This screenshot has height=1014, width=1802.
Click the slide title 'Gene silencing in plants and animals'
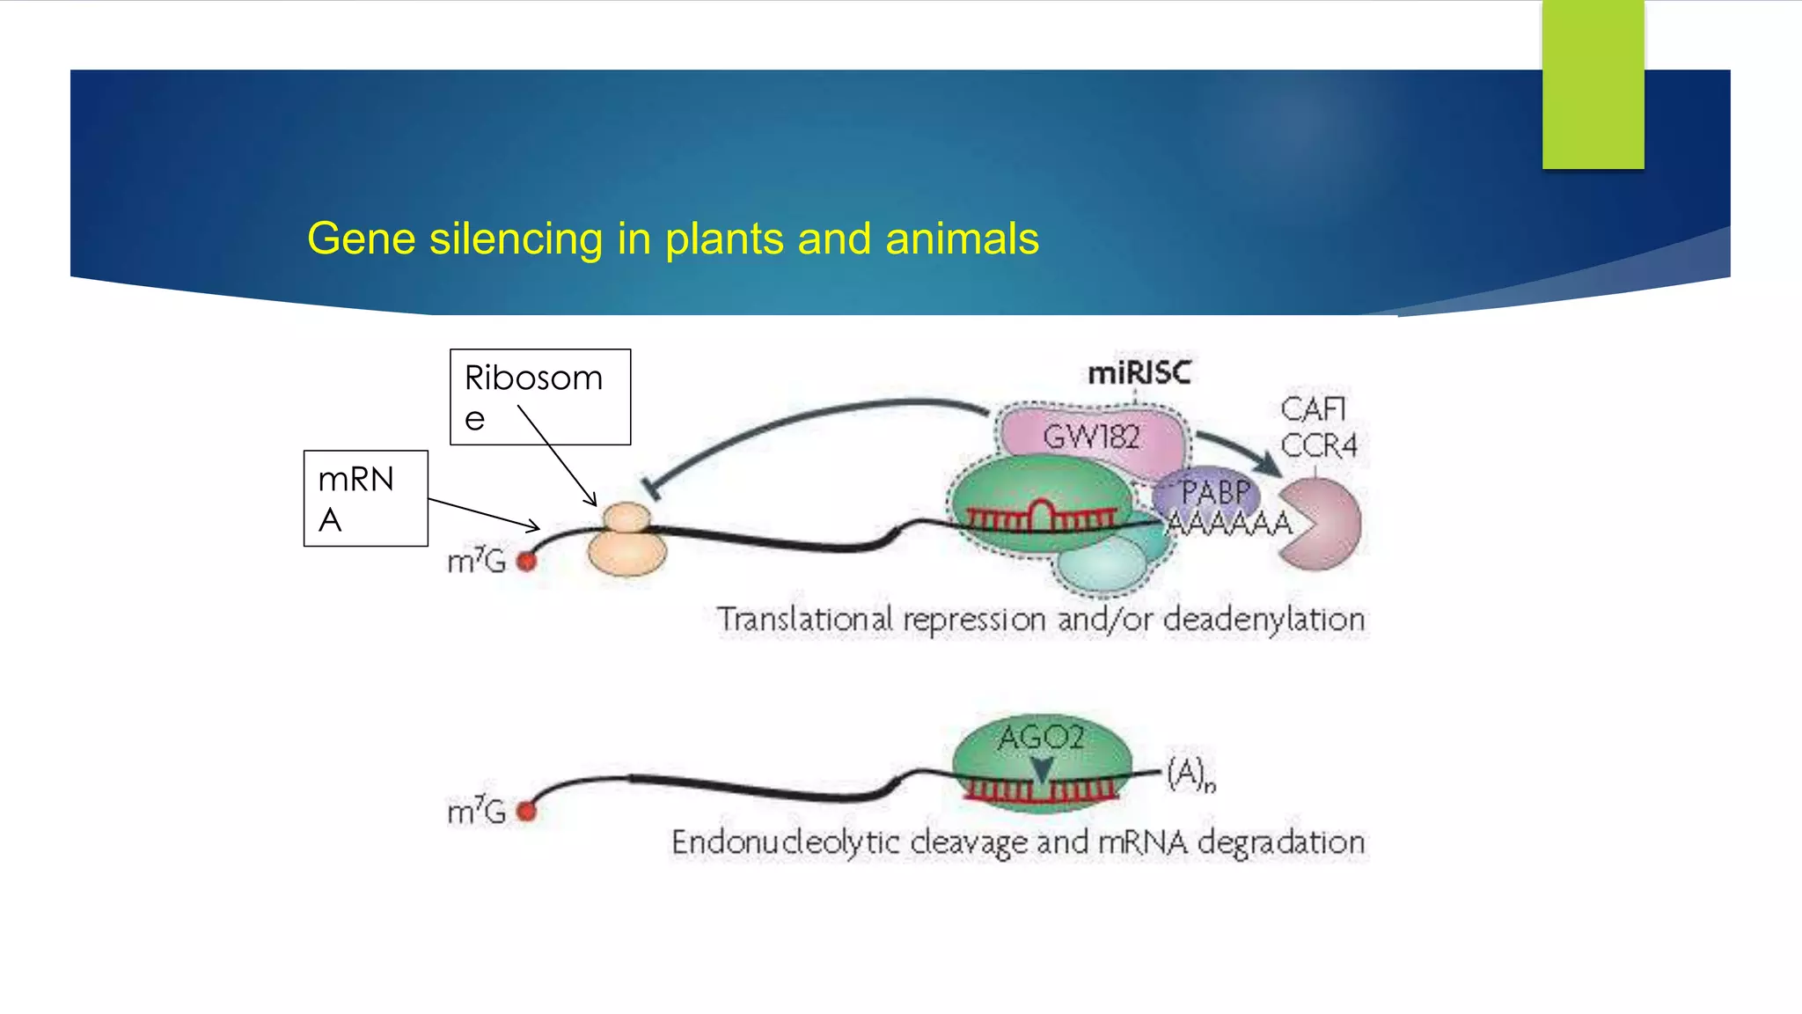click(x=673, y=239)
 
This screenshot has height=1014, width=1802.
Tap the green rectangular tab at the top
click(x=1593, y=84)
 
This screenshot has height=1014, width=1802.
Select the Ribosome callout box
click(x=539, y=397)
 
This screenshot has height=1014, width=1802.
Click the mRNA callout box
click(x=365, y=498)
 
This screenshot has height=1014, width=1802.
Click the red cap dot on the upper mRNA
click(x=526, y=561)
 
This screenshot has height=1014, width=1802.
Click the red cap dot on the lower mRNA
click(x=526, y=811)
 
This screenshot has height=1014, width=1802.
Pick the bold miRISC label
click(x=1139, y=373)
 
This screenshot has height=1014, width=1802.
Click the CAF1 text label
click(x=1313, y=409)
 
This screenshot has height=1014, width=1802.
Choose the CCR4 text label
click(x=1318, y=445)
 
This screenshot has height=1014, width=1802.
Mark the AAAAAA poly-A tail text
click(x=1229, y=524)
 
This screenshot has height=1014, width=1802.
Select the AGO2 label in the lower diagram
click(x=1041, y=737)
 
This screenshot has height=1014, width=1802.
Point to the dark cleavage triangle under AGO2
click(x=1042, y=770)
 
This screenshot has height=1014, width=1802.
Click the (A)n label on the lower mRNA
click(x=1190, y=774)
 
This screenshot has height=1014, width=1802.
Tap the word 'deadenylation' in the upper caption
click(x=1264, y=619)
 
